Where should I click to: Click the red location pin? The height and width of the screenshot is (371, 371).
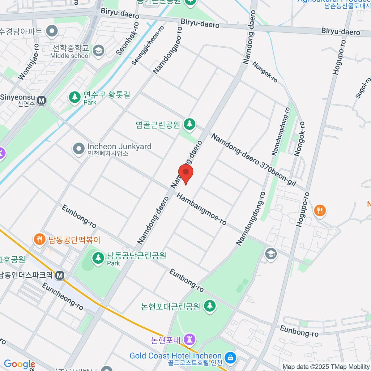[186, 173]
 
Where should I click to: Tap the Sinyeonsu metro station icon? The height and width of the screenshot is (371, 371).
[41, 100]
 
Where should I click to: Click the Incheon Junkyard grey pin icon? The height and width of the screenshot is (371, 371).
[79, 149]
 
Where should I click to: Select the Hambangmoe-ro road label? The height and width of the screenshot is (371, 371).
[202, 209]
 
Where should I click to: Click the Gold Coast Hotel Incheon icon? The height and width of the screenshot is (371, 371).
[230, 358]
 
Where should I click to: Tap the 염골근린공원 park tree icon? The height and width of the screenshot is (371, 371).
[190, 124]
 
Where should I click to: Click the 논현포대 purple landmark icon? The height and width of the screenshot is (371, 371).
[190, 339]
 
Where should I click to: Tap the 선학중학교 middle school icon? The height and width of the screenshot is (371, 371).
[99, 51]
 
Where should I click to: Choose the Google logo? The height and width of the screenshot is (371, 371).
[19, 364]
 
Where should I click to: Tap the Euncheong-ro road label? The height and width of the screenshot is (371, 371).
[62, 296]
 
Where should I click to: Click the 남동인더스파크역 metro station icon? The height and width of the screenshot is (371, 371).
[60, 275]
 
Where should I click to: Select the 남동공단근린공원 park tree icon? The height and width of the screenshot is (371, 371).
[98, 257]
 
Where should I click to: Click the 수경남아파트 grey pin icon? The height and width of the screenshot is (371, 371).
[52, 31]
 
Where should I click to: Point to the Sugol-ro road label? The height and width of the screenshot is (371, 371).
[363, 88]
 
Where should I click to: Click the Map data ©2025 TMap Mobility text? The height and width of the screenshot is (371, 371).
[326, 367]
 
